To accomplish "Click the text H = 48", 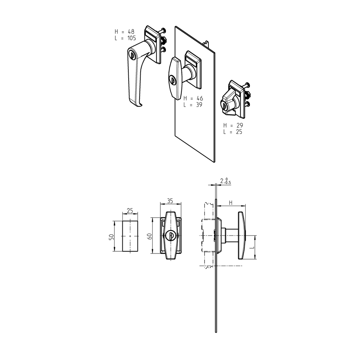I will [x=124, y=32].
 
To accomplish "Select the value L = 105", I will [x=125, y=38].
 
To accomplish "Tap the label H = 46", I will [x=193, y=98].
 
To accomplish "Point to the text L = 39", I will [x=193, y=104].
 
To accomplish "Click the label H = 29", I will [x=233, y=125].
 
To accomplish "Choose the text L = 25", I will [x=233, y=132].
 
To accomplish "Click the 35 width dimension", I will [x=170, y=201].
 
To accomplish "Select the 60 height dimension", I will [x=149, y=236].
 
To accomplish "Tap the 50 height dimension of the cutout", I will [x=111, y=236].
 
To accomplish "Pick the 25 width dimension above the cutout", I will [x=130, y=211].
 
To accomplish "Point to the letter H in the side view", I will [x=231, y=202].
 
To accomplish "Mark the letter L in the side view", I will [x=252, y=247].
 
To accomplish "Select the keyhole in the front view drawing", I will [x=171, y=236].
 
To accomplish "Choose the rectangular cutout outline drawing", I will [x=130, y=236].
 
